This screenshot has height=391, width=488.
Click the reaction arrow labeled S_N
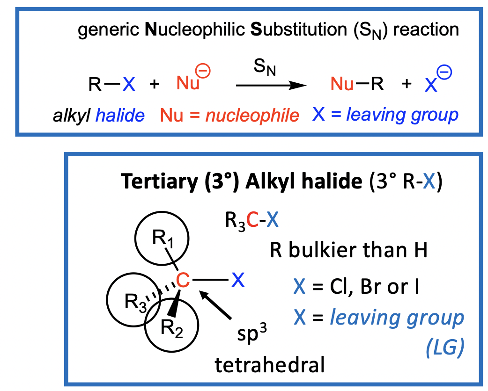[267, 86]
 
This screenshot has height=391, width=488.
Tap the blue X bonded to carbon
[238, 281]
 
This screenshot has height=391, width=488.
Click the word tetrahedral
[269, 364]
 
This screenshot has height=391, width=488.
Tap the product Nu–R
[357, 84]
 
